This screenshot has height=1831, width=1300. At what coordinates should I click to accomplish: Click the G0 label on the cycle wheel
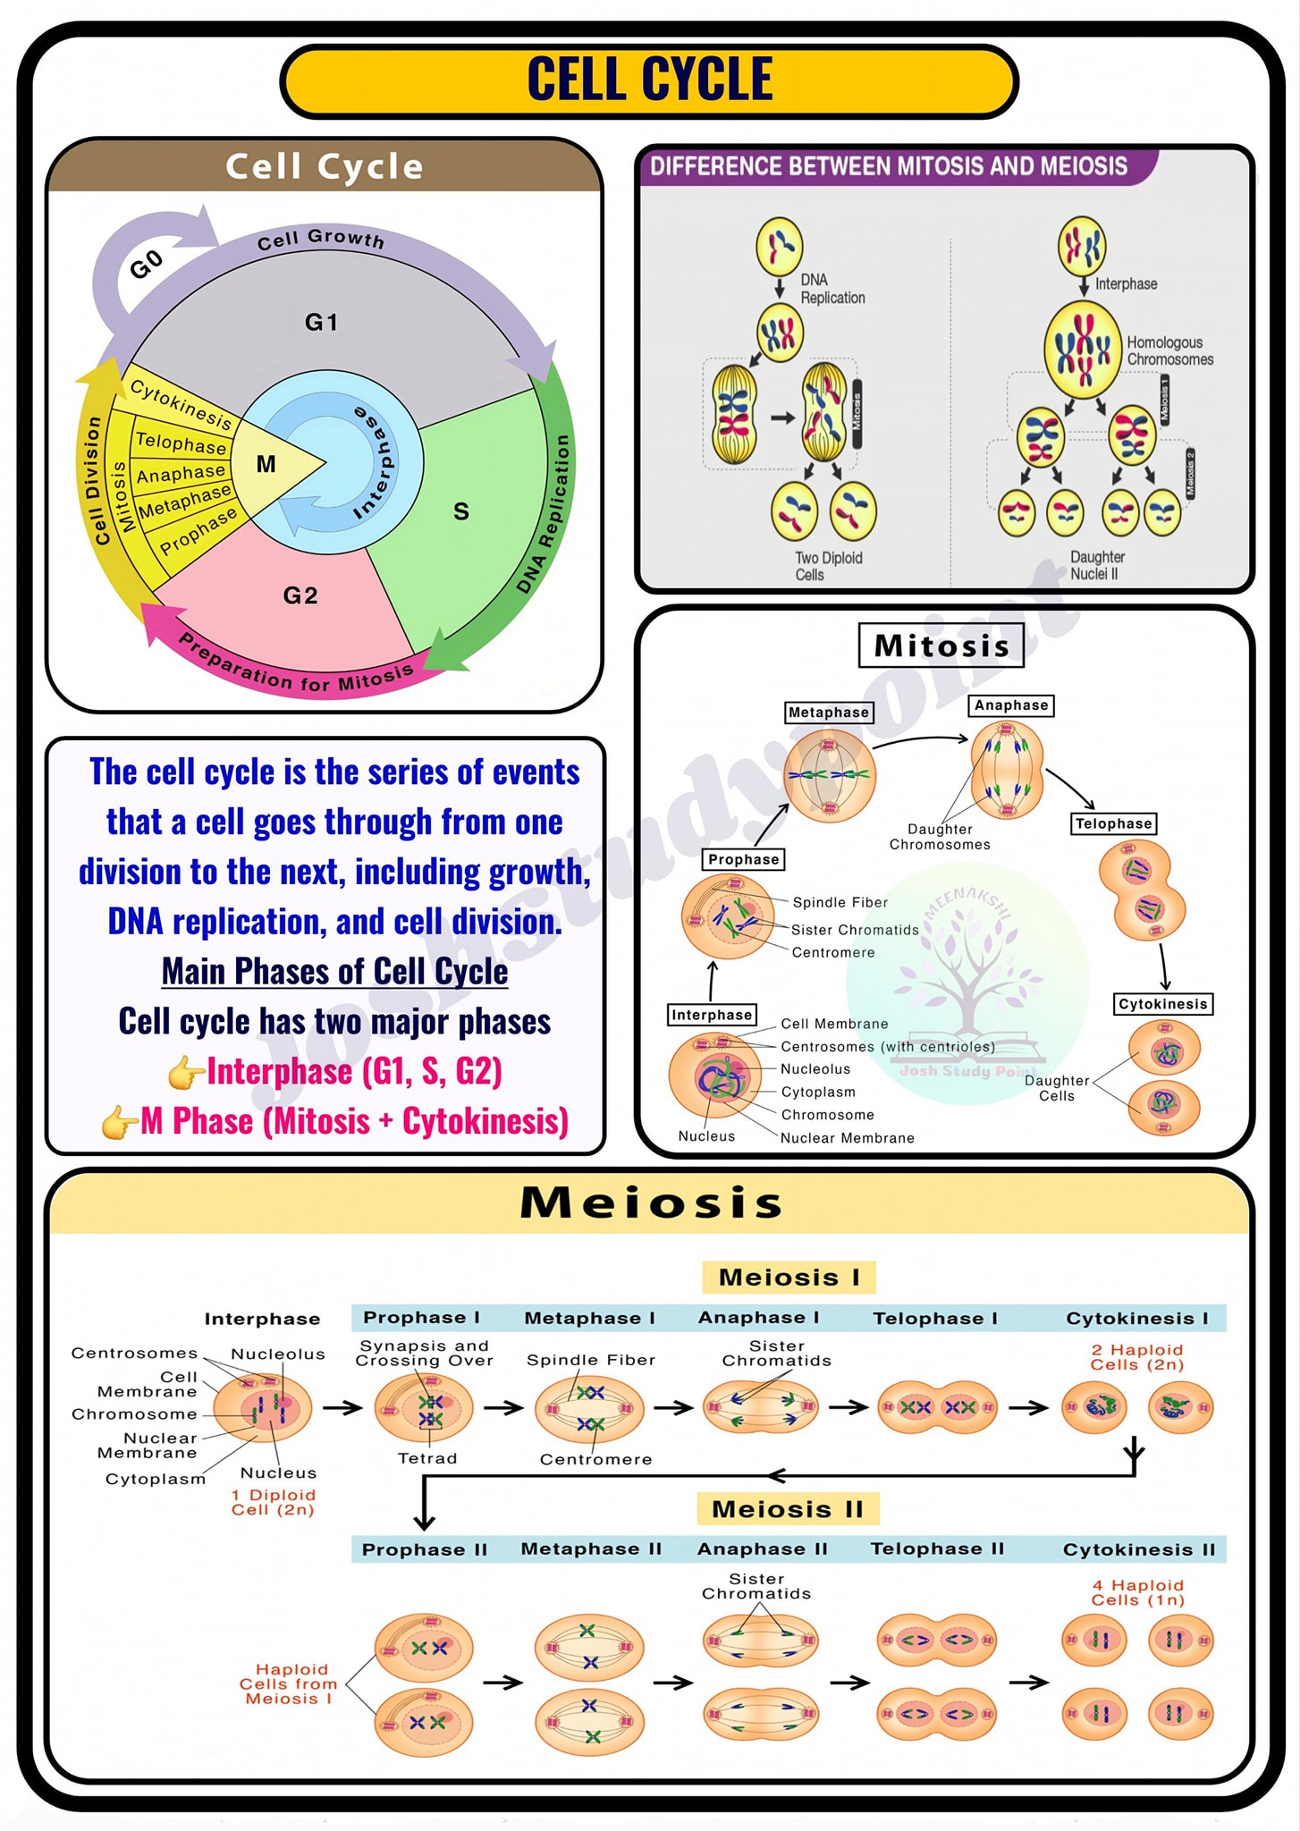(147, 264)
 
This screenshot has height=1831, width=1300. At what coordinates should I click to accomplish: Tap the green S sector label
(461, 511)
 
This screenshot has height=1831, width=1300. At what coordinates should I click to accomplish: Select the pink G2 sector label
(300, 595)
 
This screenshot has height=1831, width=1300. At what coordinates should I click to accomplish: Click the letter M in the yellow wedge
(266, 464)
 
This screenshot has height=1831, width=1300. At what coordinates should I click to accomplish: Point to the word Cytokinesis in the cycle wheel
(181, 403)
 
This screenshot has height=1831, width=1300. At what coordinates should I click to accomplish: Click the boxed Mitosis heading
(941, 645)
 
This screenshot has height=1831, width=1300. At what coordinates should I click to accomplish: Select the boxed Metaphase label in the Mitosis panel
(829, 713)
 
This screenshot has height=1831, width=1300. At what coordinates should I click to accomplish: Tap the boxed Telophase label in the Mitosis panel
(1114, 823)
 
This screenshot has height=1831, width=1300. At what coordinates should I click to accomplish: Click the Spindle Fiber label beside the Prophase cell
(840, 903)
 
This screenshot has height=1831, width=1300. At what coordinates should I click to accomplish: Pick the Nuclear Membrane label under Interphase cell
(848, 1138)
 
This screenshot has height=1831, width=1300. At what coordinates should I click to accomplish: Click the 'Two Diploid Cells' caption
(828, 566)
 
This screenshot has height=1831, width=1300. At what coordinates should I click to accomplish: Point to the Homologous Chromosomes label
(1169, 350)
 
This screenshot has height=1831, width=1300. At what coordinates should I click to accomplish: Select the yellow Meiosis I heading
(789, 1278)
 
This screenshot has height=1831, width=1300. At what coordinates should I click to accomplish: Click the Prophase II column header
(425, 1549)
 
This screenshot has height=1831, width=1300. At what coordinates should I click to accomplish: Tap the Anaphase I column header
(758, 1318)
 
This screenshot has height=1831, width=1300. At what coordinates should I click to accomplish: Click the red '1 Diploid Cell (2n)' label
(273, 1502)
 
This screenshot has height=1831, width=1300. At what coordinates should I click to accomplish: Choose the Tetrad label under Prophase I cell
(427, 1458)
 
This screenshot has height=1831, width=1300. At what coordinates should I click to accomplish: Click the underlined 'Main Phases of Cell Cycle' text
(334, 971)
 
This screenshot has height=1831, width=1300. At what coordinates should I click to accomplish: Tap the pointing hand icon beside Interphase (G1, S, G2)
(186, 1072)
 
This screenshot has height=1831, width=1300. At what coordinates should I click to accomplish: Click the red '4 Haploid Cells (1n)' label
(1137, 1592)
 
